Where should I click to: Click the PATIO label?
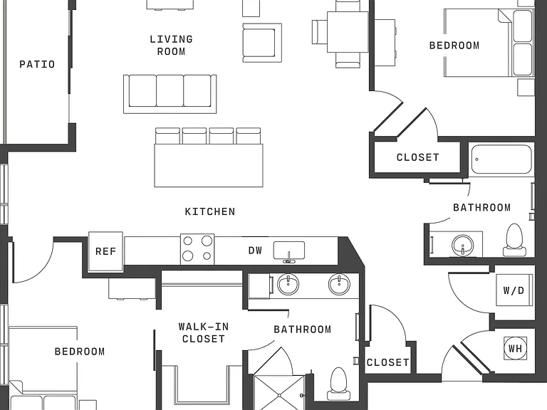37,64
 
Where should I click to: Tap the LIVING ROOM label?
171,46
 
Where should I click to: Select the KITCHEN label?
210,211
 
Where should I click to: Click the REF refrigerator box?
105,251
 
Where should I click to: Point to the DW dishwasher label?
255,251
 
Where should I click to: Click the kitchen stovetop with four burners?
197,249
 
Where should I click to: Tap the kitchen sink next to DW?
289,251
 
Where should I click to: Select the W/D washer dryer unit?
514,290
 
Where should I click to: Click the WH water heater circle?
515,348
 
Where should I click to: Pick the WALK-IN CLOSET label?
204,332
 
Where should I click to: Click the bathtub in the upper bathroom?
501,159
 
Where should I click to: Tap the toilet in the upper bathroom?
514,239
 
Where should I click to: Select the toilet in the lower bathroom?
338,383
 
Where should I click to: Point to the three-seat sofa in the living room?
170,94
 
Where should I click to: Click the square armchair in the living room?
262,43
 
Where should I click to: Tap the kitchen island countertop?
209,166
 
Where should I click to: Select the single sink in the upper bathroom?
462,245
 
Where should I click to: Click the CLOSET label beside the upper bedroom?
418,157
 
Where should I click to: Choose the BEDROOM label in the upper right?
454,46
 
